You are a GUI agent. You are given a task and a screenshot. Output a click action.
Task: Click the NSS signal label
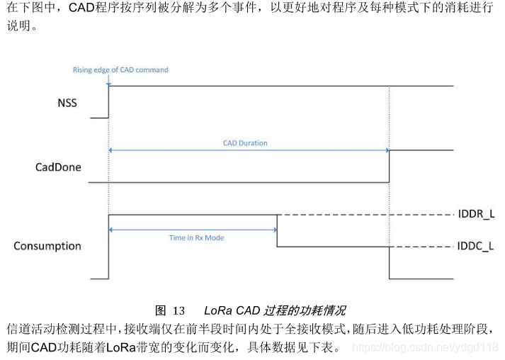click(67, 103)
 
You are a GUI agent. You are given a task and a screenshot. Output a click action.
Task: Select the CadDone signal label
click(58, 168)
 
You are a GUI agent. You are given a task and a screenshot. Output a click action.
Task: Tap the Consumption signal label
click(47, 246)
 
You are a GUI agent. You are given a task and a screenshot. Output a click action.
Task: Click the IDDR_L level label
click(476, 213)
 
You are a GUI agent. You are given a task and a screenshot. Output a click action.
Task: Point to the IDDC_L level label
click(476, 247)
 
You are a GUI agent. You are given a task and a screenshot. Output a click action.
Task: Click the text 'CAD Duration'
click(245, 142)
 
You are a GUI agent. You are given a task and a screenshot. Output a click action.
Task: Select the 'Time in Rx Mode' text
click(196, 238)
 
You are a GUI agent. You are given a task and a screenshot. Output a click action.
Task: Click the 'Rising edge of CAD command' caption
click(120, 69)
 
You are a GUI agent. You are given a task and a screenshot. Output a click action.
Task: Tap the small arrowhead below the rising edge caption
click(108, 83)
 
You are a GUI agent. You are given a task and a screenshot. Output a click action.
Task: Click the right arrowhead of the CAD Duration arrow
click(386, 150)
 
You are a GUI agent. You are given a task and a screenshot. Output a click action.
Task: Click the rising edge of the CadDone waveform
click(390, 167)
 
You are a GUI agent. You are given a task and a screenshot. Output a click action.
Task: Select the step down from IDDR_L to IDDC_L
click(277, 230)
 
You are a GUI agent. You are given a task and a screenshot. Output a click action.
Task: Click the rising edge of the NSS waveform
click(108, 101)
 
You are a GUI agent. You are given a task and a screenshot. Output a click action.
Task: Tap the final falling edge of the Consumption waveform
click(390, 262)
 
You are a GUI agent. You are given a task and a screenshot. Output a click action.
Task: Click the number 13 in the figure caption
click(178, 311)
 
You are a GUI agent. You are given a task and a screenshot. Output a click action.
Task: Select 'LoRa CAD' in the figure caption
click(232, 311)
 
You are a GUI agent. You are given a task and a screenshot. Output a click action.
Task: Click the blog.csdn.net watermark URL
click(425, 348)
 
